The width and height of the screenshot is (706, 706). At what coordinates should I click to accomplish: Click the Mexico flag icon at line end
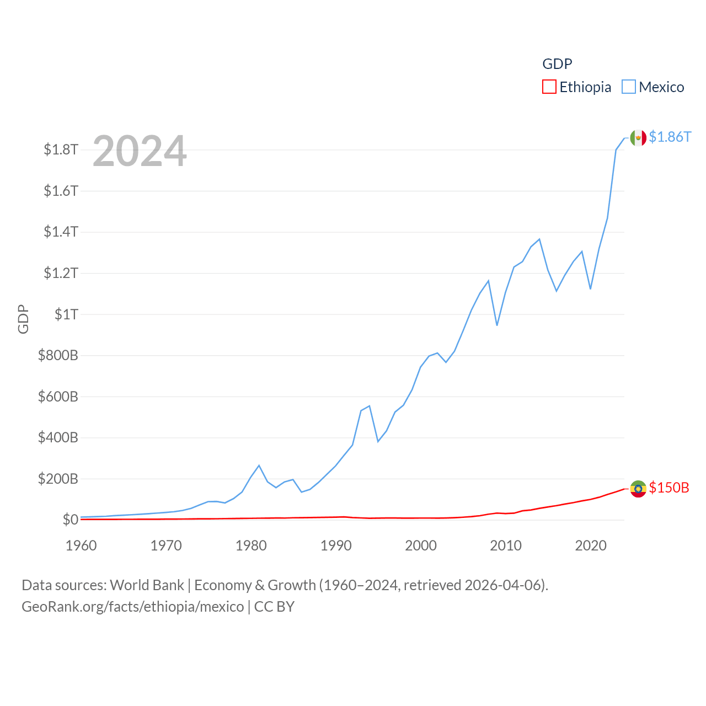(638, 138)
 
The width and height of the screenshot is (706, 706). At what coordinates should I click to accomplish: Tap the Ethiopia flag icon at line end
(638, 489)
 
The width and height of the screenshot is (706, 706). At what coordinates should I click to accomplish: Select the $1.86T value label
(670, 137)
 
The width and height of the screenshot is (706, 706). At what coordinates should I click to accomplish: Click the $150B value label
(669, 488)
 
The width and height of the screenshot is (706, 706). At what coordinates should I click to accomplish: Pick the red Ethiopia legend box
(549, 87)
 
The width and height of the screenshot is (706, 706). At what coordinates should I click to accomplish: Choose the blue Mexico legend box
(629, 87)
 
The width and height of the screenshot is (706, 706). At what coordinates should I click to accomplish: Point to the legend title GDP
(557, 64)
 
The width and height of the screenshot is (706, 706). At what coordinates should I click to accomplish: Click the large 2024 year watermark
(140, 151)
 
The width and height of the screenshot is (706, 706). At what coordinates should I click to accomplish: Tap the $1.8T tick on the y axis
(61, 149)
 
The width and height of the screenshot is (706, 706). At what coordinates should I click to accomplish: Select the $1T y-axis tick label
(66, 314)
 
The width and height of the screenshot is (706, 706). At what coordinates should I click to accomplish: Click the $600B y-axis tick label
(58, 397)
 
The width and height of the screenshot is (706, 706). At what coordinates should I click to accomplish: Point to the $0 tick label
(70, 520)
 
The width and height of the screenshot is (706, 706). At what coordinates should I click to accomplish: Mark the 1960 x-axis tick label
(81, 545)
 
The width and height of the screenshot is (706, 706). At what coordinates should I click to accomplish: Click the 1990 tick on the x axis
(336, 545)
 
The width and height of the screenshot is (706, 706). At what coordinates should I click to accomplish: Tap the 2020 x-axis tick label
(591, 545)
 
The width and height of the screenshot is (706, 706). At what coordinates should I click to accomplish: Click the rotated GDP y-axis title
(23, 319)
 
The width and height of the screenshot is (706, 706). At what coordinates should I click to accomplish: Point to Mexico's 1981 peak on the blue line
(259, 466)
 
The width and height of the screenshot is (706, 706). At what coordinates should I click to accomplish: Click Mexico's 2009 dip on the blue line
(497, 325)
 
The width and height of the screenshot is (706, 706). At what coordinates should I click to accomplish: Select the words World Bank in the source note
(147, 585)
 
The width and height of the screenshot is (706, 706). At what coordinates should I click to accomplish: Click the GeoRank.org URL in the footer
(132, 607)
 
